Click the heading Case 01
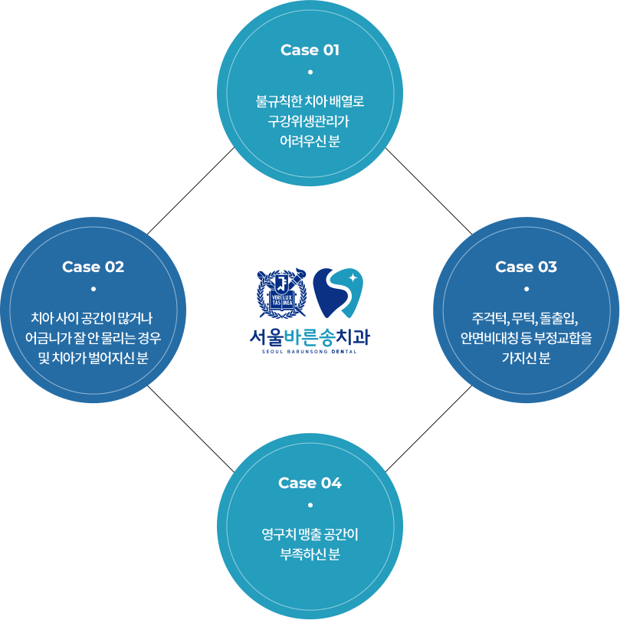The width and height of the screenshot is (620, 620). (310, 50)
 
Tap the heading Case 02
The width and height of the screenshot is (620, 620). (93, 267)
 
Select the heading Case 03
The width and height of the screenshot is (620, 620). (526, 267)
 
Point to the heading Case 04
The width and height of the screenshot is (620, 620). (310, 483)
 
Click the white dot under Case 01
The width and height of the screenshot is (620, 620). (310, 73)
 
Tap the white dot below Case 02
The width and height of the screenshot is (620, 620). (93, 289)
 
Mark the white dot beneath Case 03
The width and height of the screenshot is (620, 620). (526, 289)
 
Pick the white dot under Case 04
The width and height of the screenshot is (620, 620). (310, 505)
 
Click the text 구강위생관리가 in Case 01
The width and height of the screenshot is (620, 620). (310, 121)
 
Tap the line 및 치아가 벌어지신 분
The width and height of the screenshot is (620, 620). (93, 358)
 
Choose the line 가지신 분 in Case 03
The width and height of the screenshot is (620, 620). (526, 358)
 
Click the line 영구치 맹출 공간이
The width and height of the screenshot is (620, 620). (310, 534)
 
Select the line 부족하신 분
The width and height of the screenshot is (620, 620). (310, 554)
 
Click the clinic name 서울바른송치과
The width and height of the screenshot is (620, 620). (310, 336)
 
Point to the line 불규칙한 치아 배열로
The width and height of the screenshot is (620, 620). (310, 101)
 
